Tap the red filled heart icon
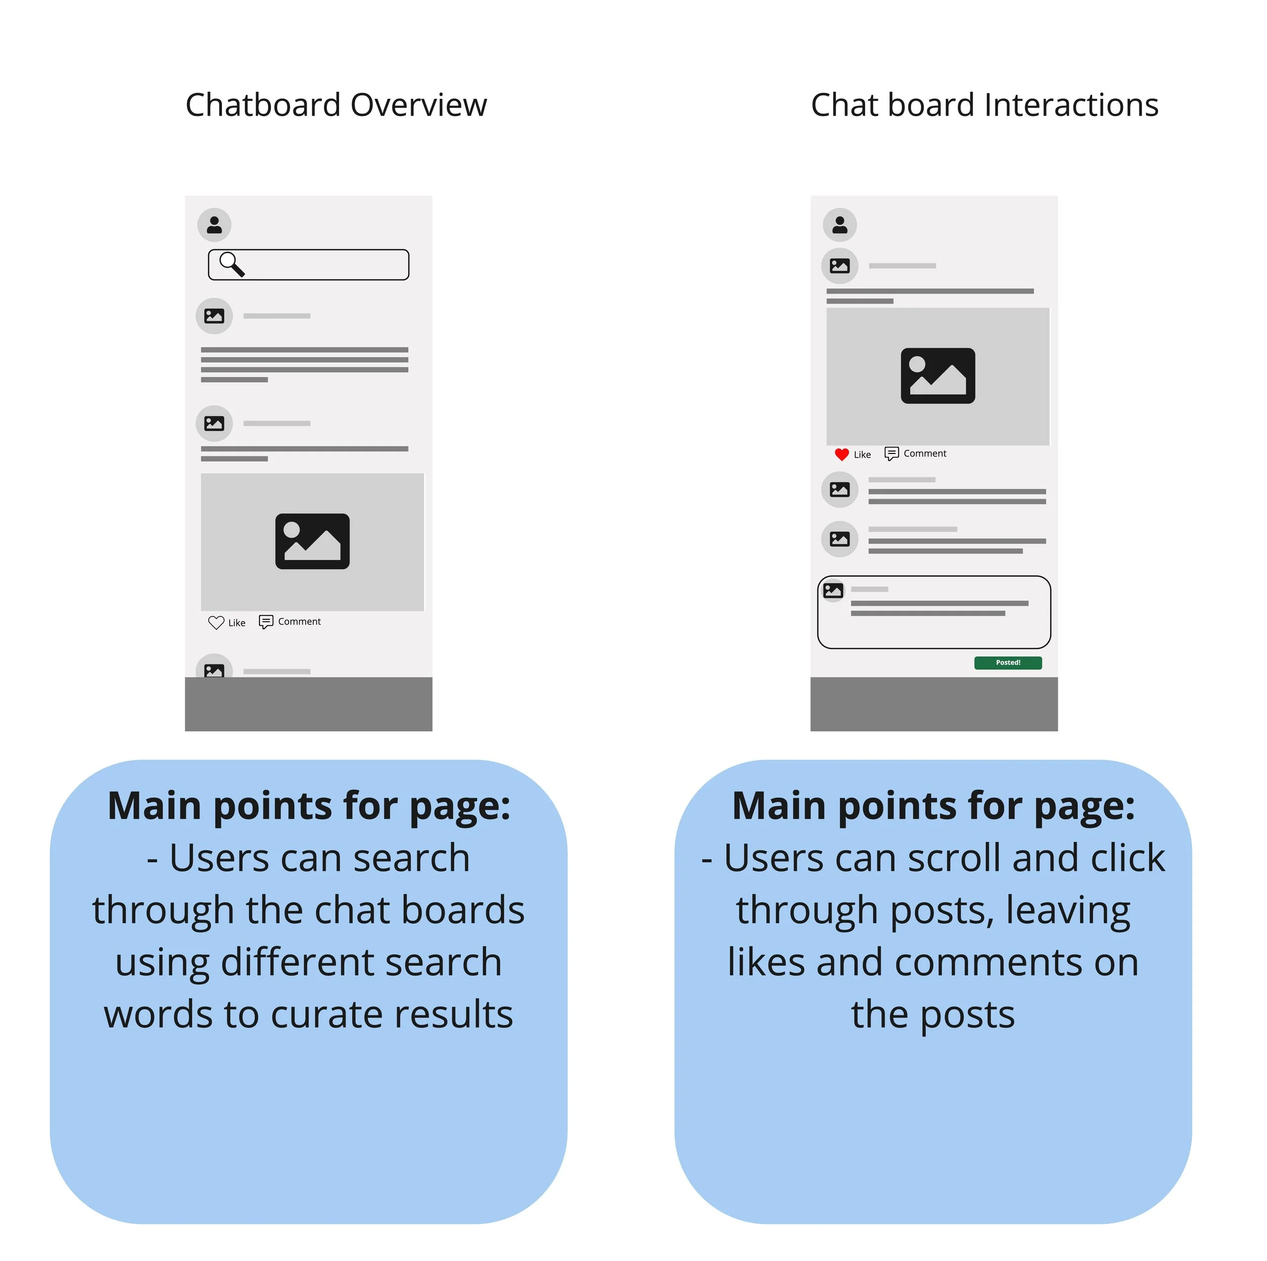click(x=842, y=454)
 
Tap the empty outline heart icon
click(x=216, y=622)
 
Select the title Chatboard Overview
click(x=336, y=105)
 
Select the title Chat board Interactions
click(x=984, y=105)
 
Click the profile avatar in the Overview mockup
click(x=214, y=225)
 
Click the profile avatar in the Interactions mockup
click(x=840, y=225)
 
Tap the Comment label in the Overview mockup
click(x=299, y=622)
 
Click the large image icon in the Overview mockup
click(x=312, y=542)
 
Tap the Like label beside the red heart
click(x=863, y=455)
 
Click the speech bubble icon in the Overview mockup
click(x=266, y=622)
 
